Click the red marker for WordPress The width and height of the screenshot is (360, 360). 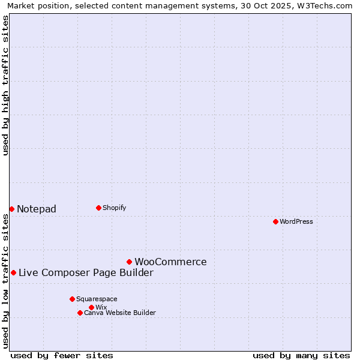pos(275,221)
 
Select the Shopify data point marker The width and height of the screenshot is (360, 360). pos(98,208)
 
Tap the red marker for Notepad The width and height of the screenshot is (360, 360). pos(11,209)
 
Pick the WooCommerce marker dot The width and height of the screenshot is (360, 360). pos(129,262)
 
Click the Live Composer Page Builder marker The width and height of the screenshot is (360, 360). pos(13,272)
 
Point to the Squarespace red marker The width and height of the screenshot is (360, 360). pos(72,299)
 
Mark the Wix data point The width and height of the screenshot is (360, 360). pos(91,307)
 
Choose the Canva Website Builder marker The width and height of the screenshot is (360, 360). pos(80,313)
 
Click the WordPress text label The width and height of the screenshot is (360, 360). pos(296,221)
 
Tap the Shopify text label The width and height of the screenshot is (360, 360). pos(114,208)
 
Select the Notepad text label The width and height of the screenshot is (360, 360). pos(37,209)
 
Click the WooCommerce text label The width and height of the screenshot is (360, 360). pos(170,262)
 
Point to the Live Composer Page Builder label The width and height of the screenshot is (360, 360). pos(86,272)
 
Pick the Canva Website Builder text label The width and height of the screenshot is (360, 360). pos(120,313)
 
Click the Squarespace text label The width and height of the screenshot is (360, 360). pos(97,299)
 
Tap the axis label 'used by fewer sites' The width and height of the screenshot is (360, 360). pos(62,355)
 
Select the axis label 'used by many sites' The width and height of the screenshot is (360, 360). pos(301,355)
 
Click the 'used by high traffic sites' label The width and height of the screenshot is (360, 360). pos(5,85)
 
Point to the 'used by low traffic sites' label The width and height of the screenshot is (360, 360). pos(5,281)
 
